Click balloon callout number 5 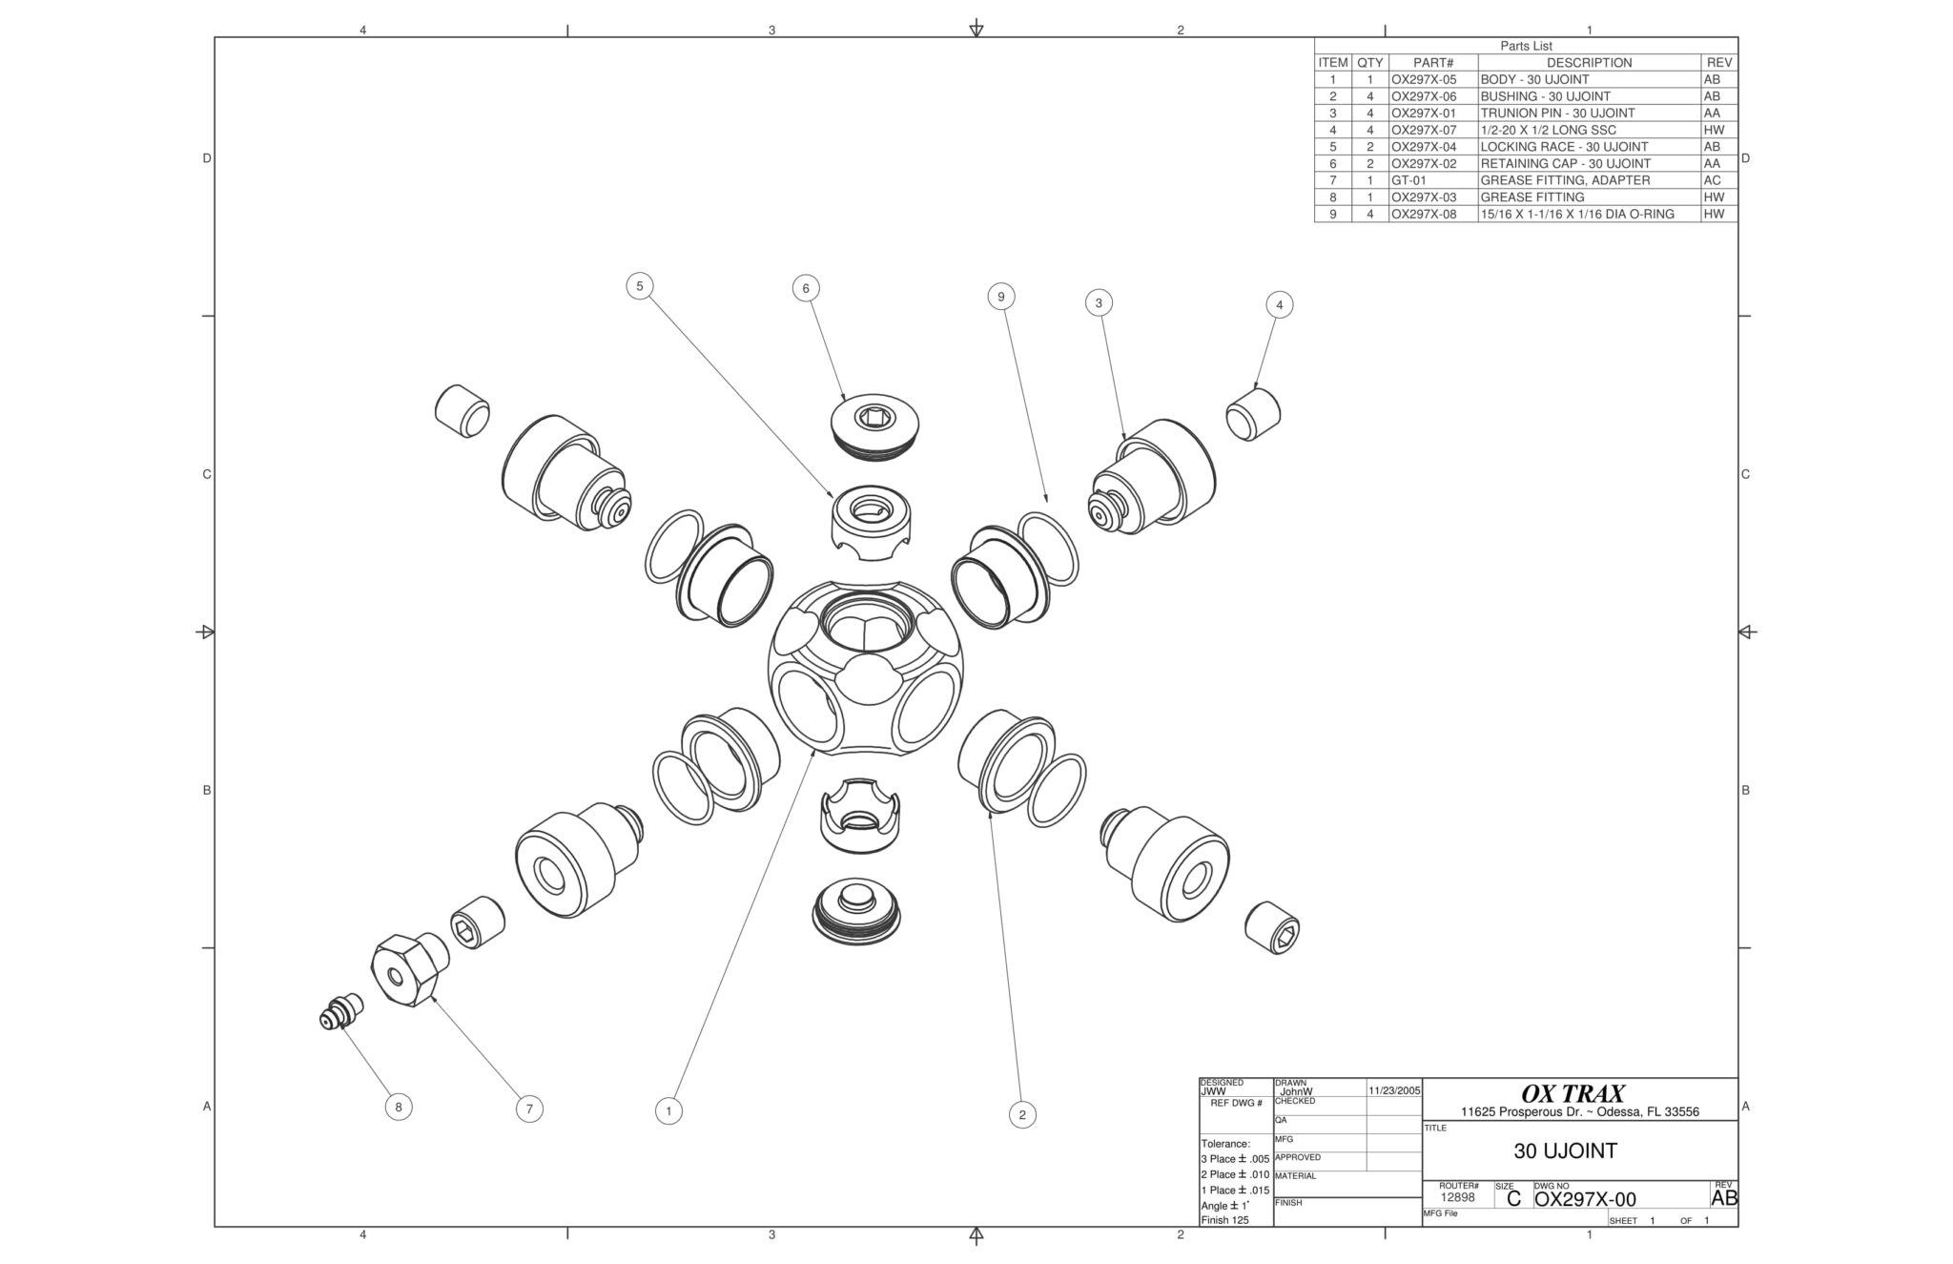point(639,285)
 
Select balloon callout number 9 point(1000,297)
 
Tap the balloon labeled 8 point(399,1107)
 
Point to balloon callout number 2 point(1022,1114)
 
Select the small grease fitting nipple point(341,1012)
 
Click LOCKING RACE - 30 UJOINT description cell point(1564,147)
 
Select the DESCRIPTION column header point(1589,63)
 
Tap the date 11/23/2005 point(1394,1089)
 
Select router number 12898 point(1457,1197)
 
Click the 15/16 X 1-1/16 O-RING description point(1576,214)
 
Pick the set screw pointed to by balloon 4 point(1253,413)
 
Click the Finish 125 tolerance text point(1224,1220)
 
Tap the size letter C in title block point(1513,1199)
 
